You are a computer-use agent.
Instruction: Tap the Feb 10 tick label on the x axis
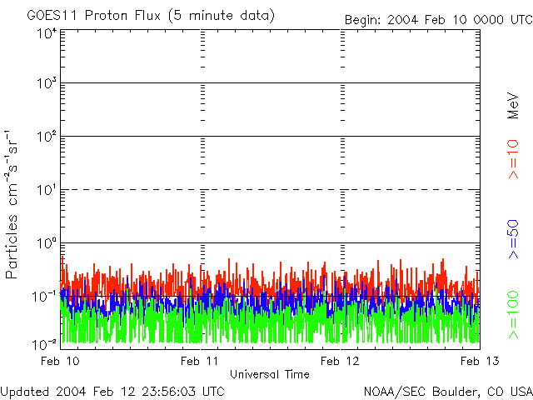pyautogui.click(x=61, y=360)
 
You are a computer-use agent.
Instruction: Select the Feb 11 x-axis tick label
pyautogui.click(x=200, y=360)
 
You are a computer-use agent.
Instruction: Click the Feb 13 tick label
pyautogui.click(x=478, y=360)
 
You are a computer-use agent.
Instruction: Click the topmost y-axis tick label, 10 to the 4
pyautogui.click(x=46, y=33)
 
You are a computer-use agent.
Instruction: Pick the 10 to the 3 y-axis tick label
pyautogui.click(x=46, y=83)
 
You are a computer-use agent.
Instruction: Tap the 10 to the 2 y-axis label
pyautogui.click(x=46, y=136)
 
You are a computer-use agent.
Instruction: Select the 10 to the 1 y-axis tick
pyautogui.click(x=46, y=189)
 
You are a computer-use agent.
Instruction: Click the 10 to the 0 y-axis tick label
pyautogui.click(x=46, y=242)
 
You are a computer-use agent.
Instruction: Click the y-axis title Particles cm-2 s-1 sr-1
pyautogui.click(x=14, y=204)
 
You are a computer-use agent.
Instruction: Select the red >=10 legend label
pyautogui.click(x=513, y=158)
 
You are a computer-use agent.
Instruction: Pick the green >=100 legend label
pyautogui.click(x=513, y=314)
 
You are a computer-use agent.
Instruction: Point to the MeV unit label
pyautogui.click(x=513, y=105)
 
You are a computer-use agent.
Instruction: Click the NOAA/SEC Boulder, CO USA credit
pyautogui.click(x=447, y=391)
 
